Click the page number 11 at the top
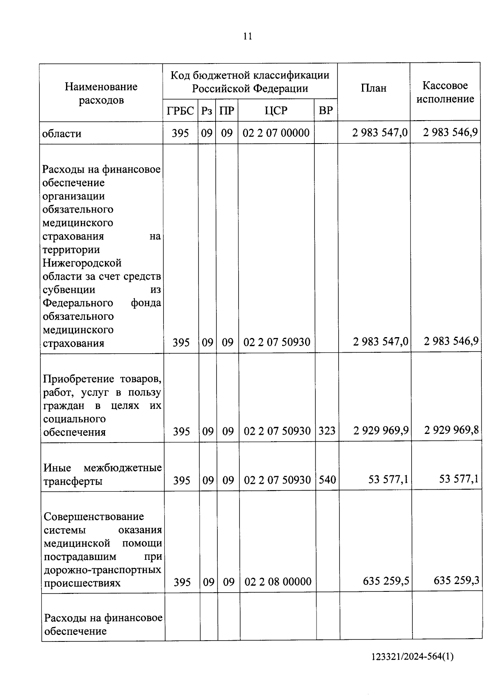tap(248, 37)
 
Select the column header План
tap(374, 88)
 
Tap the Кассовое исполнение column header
tap(445, 92)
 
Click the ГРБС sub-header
tap(180, 111)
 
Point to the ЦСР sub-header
tap(276, 111)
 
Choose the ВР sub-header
tap(326, 111)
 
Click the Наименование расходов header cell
tap(101, 94)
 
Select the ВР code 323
tap(327, 431)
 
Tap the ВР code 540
tap(327, 479)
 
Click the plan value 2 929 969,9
tap(381, 430)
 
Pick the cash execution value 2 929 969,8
tap(451, 430)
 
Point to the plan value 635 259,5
tap(386, 581)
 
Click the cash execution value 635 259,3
tap(456, 581)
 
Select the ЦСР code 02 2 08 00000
tap(278, 582)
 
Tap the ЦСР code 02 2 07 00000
tap(276, 133)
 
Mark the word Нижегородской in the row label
tap(82, 263)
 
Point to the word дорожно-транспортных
tap(102, 570)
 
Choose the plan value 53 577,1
tap(388, 479)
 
